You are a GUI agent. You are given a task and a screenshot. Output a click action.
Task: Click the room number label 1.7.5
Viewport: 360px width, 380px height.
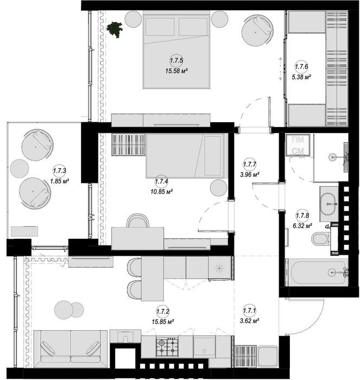click(176, 60)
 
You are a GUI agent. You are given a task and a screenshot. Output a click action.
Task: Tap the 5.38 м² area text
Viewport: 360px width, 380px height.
click(301, 77)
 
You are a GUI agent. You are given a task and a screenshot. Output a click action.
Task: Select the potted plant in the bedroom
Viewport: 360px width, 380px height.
click(115, 29)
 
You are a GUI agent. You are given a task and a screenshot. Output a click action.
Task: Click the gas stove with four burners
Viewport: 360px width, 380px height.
click(167, 347)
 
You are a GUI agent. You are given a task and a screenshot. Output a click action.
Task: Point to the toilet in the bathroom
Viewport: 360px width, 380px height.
click(320, 238)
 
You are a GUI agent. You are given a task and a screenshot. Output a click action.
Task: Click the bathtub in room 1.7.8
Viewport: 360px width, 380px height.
click(317, 272)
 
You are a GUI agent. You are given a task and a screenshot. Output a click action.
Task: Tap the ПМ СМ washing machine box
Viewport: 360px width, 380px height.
click(298, 145)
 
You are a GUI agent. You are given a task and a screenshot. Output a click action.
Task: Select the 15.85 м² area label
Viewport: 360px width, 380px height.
click(163, 321)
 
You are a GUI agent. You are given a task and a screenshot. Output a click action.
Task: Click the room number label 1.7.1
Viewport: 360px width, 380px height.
click(249, 311)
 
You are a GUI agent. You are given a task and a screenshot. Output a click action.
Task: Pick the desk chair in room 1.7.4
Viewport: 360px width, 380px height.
click(138, 220)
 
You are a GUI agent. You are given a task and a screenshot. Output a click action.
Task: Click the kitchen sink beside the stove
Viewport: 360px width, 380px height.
click(204, 346)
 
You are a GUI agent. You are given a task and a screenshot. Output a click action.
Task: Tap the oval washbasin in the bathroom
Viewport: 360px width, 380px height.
click(329, 204)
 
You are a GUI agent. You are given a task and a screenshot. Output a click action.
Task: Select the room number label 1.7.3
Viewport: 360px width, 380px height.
click(59, 170)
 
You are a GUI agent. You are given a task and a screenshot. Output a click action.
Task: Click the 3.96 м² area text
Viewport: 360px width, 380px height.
click(249, 174)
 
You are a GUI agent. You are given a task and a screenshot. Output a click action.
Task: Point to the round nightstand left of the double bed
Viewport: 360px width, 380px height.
click(133, 19)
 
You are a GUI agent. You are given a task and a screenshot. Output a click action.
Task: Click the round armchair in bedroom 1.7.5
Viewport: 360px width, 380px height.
click(258, 30)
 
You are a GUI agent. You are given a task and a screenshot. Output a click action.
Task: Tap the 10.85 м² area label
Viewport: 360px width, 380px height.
click(161, 192)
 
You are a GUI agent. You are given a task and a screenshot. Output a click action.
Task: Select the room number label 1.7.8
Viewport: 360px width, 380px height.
click(302, 215)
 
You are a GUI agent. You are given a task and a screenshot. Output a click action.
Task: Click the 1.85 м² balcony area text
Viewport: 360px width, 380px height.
click(59, 181)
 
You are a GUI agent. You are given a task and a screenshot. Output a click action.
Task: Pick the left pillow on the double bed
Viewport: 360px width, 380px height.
click(160, 27)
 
